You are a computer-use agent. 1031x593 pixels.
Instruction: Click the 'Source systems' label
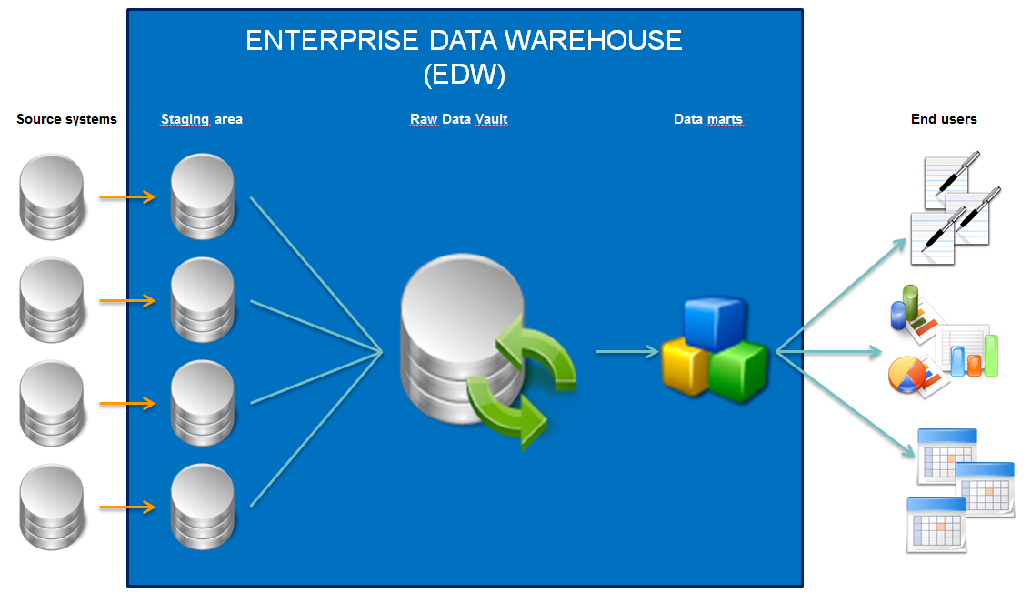coord(66,119)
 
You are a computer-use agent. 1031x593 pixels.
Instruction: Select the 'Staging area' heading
coord(201,119)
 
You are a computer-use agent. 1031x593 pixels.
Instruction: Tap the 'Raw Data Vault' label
coord(458,119)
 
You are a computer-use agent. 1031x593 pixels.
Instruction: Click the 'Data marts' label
coord(707,119)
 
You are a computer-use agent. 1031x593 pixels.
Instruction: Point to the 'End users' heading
coord(944,119)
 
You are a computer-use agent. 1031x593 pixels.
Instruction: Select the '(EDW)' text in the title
coord(464,75)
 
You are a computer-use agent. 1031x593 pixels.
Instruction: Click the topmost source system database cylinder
coord(52,196)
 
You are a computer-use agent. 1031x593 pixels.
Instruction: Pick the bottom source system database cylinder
coord(52,507)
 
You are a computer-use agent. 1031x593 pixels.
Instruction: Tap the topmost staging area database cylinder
coord(202,196)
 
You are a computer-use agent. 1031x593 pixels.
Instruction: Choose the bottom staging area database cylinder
coord(202,507)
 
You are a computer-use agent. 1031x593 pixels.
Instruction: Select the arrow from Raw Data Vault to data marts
coord(626,351)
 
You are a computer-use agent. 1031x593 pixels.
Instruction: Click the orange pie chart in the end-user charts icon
coord(906,372)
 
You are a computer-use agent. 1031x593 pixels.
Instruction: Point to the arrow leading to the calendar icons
coord(845,404)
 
